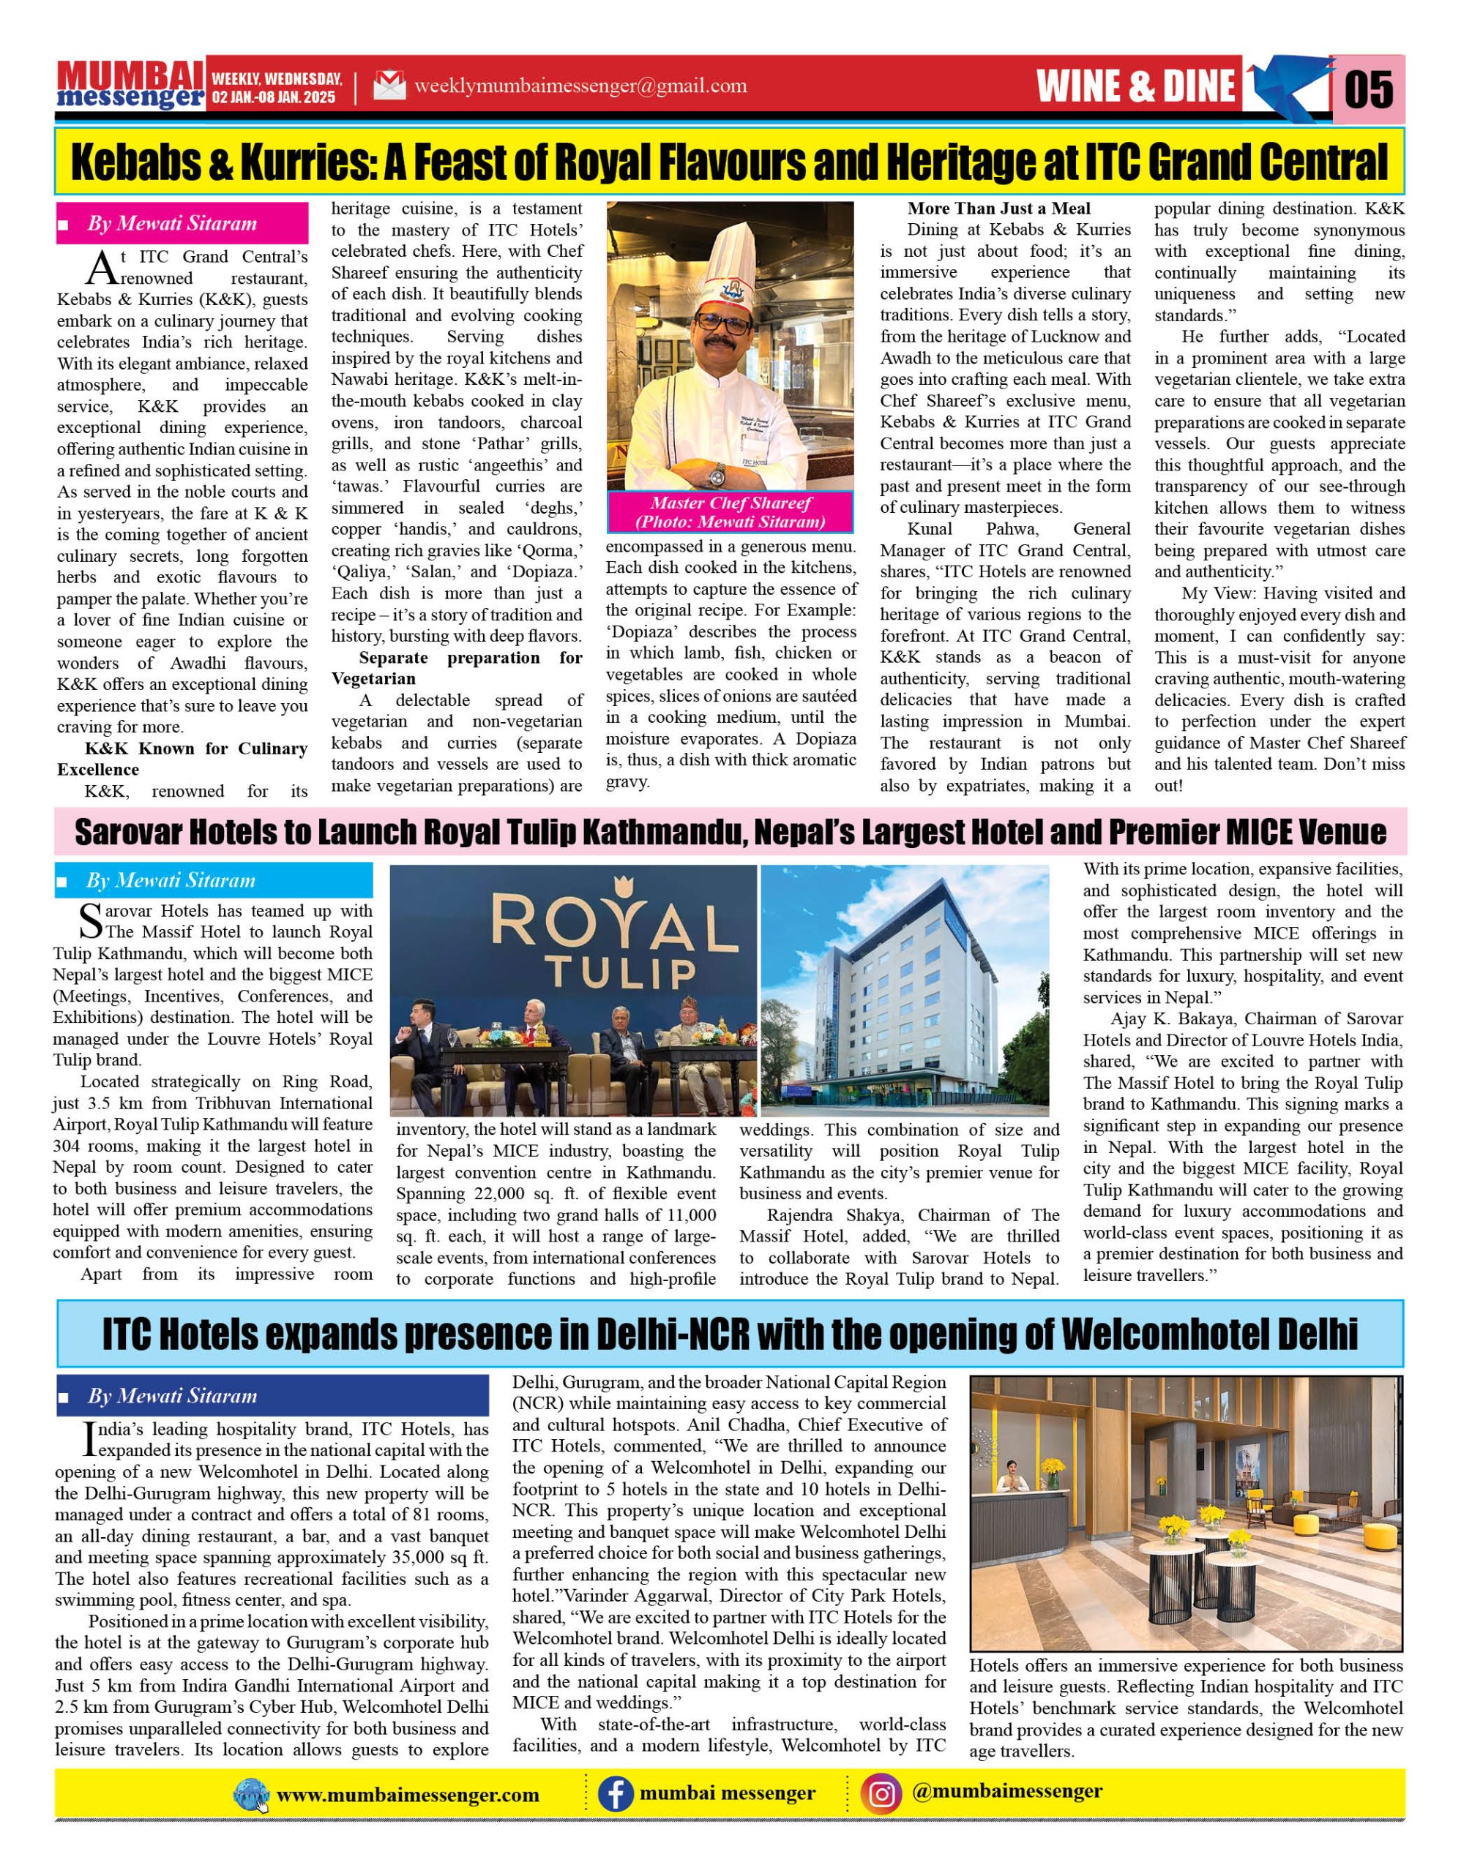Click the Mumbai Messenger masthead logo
130,85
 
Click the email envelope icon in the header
389,86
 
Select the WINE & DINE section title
1135,86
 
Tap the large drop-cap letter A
101,269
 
